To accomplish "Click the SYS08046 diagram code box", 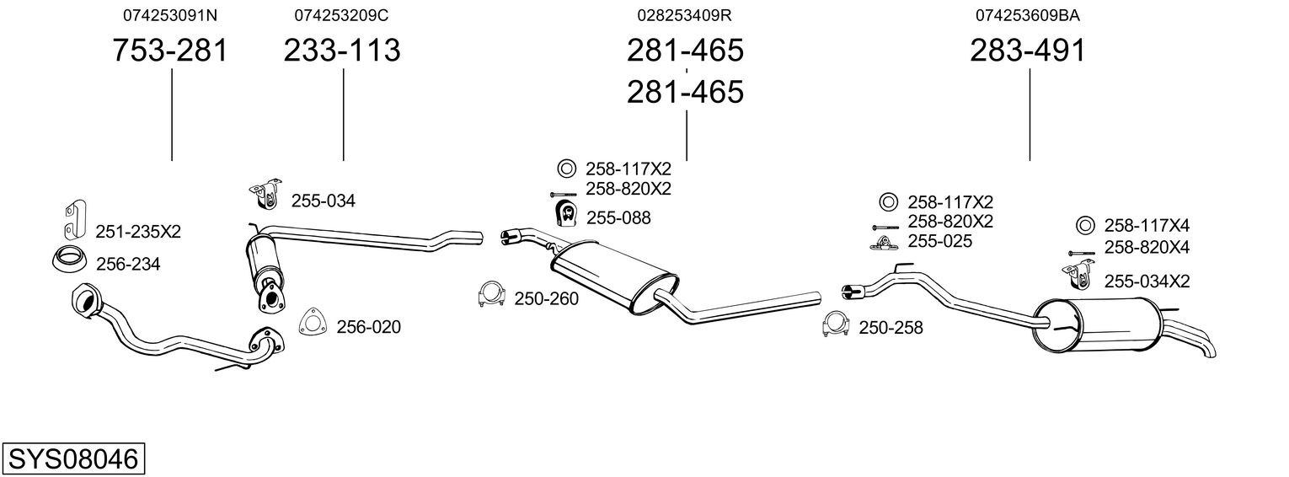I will pos(73,459).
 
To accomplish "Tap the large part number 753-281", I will pos(170,51).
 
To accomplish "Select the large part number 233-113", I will pos(342,51).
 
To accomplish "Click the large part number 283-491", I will pos(1028,51).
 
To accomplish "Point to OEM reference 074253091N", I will pos(170,15).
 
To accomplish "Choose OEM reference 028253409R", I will pos(684,15).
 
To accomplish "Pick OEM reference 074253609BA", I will pos(1028,15).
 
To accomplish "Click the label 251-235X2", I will pos(138,232).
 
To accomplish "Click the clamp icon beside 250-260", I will pos(490,295).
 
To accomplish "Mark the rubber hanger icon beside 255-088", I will pos(564,216).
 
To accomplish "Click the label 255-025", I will pos(939,241).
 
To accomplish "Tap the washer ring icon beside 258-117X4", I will pos(1085,225).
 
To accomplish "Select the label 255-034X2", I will pos(1147,281).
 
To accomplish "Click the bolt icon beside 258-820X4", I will pos(1081,252).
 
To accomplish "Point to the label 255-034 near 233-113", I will pos(324,201).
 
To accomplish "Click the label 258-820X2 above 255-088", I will pos(628,189).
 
